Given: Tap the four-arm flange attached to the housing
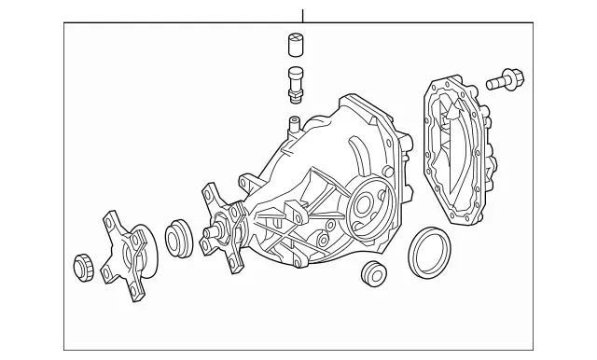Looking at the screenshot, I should point(224,224).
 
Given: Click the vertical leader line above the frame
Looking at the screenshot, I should point(303,14).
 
